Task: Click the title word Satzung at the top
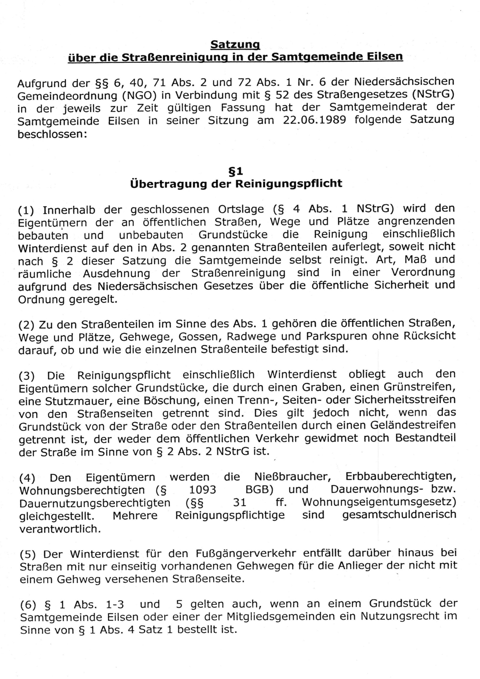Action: click(x=235, y=45)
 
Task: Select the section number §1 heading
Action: click(x=236, y=172)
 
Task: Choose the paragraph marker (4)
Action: click(x=27, y=478)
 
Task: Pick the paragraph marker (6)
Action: click(x=28, y=605)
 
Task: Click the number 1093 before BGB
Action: click(x=203, y=490)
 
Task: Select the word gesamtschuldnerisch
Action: click(x=399, y=515)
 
